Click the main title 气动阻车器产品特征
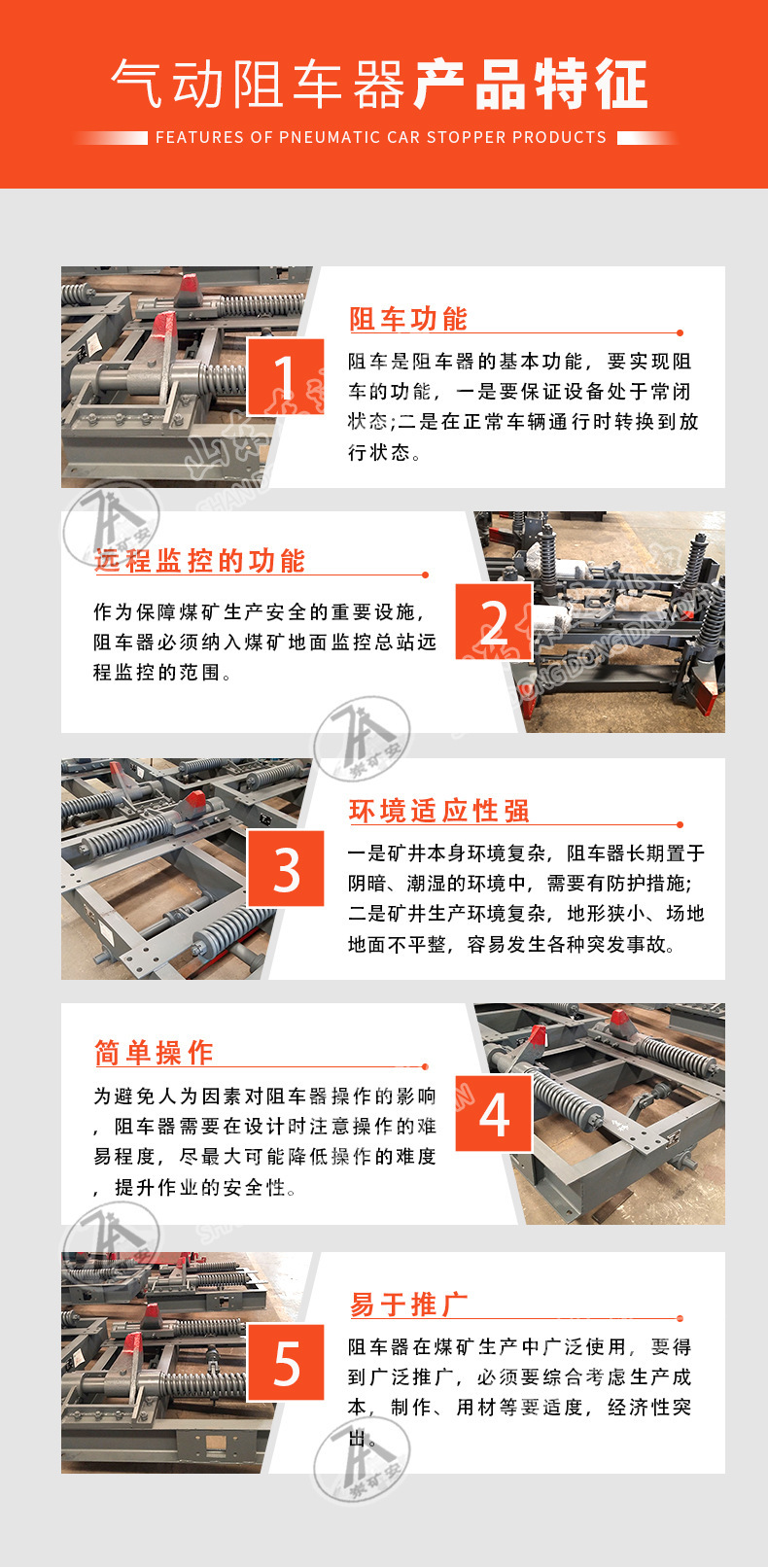tap(379, 85)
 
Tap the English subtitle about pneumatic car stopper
tap(380, 138)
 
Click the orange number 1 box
tap(285, 376)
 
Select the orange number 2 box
tap(494, 622)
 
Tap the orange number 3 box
tap(286, 869)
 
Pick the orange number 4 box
tap(494, 1114)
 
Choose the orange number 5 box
tap(286, 1362)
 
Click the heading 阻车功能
tap(408, 319)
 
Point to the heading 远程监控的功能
tap(199, 561)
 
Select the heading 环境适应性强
tap(439, 811)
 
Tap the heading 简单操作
tap(154, 1053)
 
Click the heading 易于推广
tap(408, 1305)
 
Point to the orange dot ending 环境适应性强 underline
tap(680, 825)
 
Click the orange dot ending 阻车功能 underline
tap(680, 333)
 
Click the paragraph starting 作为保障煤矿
tap(264, 642)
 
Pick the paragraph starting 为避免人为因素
tap(264, 1141)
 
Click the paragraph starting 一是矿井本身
tap(526, 898)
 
